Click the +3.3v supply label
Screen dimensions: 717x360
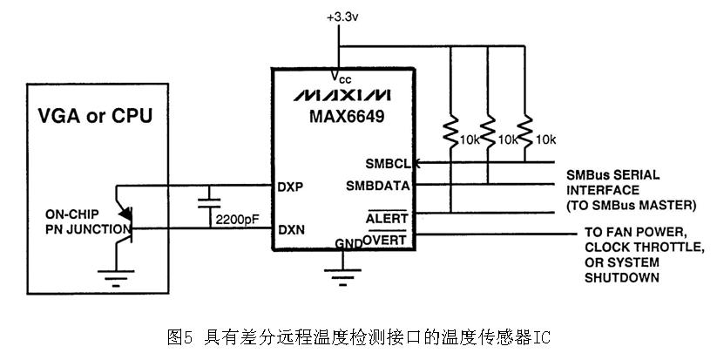[x=342, y=17]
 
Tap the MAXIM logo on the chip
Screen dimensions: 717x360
[x=342, y=95]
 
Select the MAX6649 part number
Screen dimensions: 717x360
[x=347, y=116]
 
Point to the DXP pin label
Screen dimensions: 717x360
[x=290, y=187]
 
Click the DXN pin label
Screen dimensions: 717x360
[x=291, y=229]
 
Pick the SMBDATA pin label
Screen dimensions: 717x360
[x=378, y=186]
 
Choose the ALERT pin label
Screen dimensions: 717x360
[x=387, y=218]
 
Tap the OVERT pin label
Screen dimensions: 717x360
[x=384, y=239]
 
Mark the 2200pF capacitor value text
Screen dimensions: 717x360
[x=237, y=220]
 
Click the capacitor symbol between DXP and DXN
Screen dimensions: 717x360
[x=209, y=203]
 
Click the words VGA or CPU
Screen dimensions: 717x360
[x=95, y=115]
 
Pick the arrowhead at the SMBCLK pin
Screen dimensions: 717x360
[x=416, y=162]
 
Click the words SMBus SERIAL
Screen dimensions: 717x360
[x=612, y=175]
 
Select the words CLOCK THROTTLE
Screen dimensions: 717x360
[x=645, y=248]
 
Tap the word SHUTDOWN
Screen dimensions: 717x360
[x=622, y=278]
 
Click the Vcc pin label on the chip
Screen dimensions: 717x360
[x=342, y=78]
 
